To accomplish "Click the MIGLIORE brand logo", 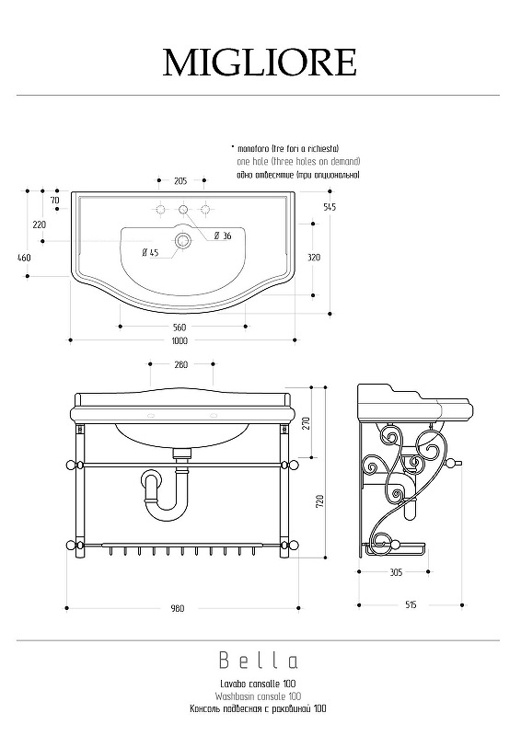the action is coord(260,63).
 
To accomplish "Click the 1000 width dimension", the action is coord(179,340).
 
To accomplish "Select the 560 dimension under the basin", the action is coord(179,328).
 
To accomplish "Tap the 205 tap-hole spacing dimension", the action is coord(180,180).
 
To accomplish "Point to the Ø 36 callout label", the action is coord(223,236).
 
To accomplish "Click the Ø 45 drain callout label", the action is coord(150,252).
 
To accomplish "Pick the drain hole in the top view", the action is coord(182,241).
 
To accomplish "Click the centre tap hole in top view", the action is coord(183,209).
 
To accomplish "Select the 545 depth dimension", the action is coord(330,207).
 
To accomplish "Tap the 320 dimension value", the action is coord(314,258).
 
